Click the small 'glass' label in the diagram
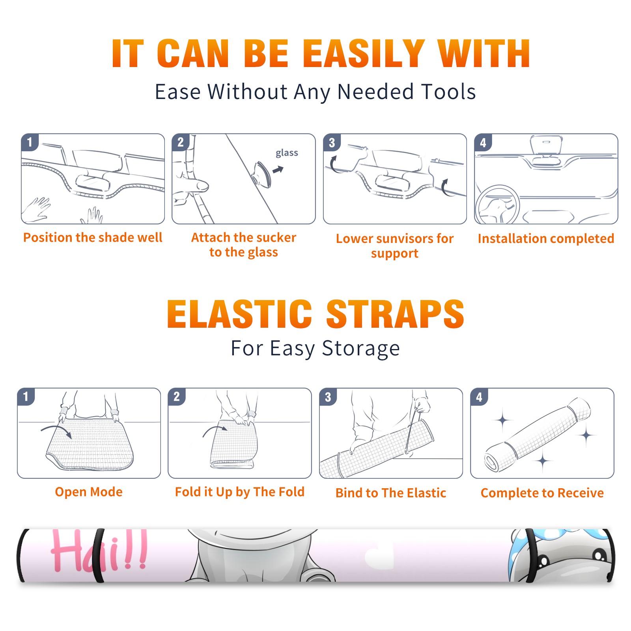point(287,153)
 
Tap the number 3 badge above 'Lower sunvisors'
point(332,142)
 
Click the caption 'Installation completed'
point(546,238)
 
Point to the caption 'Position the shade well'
point(93,237)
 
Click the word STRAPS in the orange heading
point(395,314)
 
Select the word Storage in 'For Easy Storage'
point(361,349)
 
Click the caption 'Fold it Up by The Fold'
point(240,492)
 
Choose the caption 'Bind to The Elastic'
point(391,493)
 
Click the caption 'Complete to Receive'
point(542,493)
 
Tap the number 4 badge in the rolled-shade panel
point(479,397)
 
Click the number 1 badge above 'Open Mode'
point(26,396)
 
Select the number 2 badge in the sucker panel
point(181,142)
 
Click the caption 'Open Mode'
point(89,492)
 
